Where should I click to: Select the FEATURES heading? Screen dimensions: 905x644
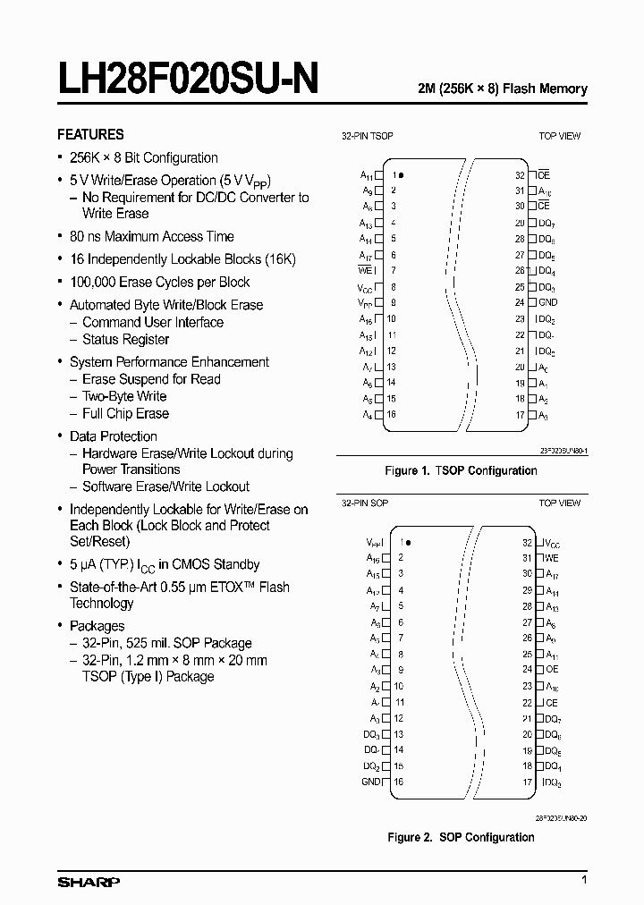pyautogui.click(x=90, y=134)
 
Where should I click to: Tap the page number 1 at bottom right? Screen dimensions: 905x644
pyautogui.click(x=584, y=882)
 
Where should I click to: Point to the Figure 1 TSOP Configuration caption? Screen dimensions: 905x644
pyautogui.click(x=461, y=470)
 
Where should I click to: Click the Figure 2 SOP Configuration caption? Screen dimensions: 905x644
pyautogui.click(x=461, y=837)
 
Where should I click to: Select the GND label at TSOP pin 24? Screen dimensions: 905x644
pyautogui.click(x=547, y=302)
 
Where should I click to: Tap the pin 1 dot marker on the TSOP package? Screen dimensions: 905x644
pyautogui.click(x=401, y=175)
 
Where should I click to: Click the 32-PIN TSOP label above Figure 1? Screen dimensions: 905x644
pyautogui.click(x=368, y=136)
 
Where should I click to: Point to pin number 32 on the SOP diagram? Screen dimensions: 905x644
pyautogui.click(x=527, y=542)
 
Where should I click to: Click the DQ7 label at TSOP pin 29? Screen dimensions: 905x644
pyautogui.click(x=547, y=223)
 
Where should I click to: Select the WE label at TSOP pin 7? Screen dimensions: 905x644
pyautogui.click(x=365, y=270)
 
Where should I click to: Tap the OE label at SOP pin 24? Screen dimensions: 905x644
pyautogui.click(x=551, y=670)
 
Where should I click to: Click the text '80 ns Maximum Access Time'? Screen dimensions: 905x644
pyautogui.click(x=151, y=236)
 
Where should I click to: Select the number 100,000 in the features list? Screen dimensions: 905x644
pyautogui.click(x=97, y=282)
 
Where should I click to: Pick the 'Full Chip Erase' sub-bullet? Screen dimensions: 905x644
pyautogui.click(x=125, y=413)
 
